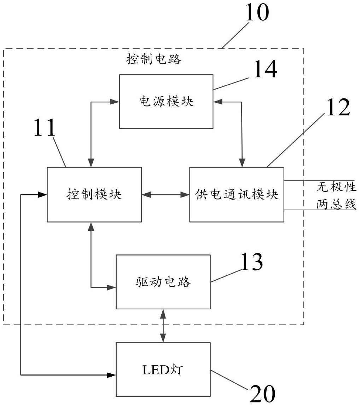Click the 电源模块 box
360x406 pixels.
pos(166,102)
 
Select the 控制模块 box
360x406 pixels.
pos(94,194)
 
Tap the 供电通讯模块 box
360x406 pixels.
pos(237,194)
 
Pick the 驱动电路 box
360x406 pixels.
pos(163,282)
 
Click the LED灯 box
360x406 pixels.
pos(163,370)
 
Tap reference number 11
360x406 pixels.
pos(45,129)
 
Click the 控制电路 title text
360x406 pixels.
pos(154,59)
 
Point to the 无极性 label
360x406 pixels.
pos(336,187)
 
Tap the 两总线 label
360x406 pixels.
pos(336,204)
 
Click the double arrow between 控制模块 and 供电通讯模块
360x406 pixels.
pos(166,194)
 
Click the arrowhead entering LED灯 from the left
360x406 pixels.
pos(112,374)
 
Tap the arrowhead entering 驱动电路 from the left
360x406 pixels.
pos(112,287)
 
